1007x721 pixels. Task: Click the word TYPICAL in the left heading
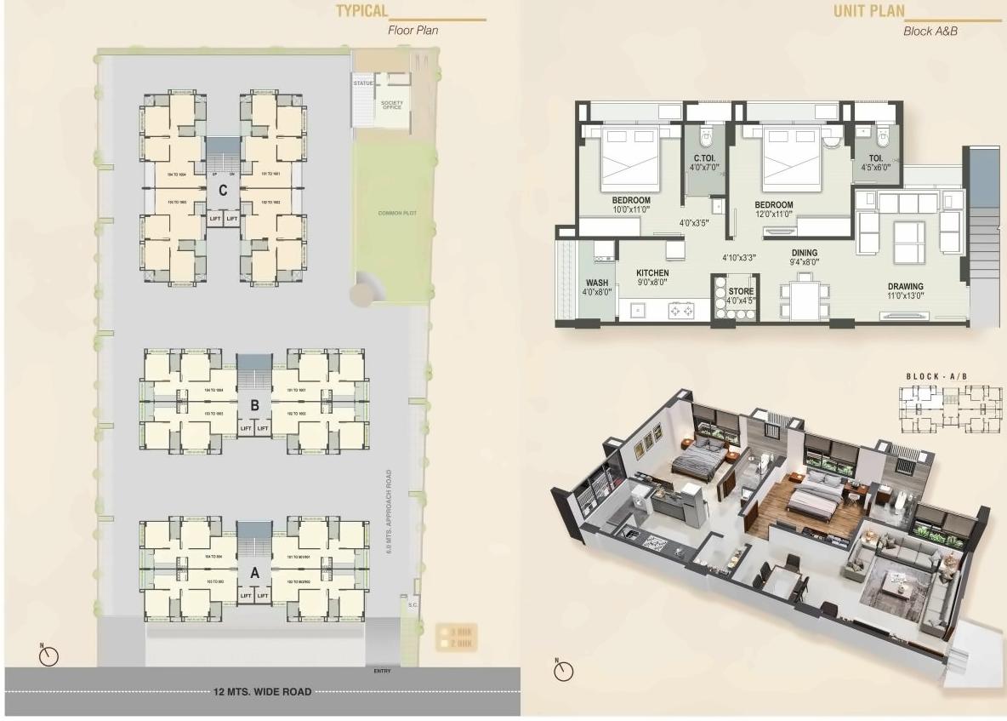pyautogui.click(x=361, y=11)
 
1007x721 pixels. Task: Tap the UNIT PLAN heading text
pyautogui.click(x=869, y=12)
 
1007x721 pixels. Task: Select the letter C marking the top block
pyautogui.click(x=222, y=191)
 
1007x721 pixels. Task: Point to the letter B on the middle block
pyautogui.click(x=253, y=405)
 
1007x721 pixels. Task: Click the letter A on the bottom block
pyautogui.click(x=253, y=573)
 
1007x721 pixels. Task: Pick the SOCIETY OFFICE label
pyautogui.click(x=391, y=105)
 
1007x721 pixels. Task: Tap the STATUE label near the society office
pyautogui.click(x=363, y=83)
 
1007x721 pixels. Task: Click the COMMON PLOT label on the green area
pyautogui.click(x=395, y=213)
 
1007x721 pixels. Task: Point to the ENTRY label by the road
pyautogui.click(x=382, y=671)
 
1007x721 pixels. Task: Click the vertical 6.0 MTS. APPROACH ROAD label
pyautogui.click(x=389, y=512)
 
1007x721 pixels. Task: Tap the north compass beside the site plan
pyautogui.click(x=49, y=656)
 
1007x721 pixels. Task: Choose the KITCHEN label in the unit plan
pyautogui.click(x=652, y=273)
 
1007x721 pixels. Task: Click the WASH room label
pyautogui.click(x=595, y=283)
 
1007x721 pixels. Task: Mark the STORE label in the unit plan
pyautogui.click(x=741, y=291)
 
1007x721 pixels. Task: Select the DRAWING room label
pyautogui.click(x=906, y=286)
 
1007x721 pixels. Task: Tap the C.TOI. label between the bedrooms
pyautogui.click(x=703, y=158)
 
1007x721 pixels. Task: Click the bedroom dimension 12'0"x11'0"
pyautogui.click(x=773, y=215)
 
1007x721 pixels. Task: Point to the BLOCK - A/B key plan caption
pyautogui.click(x=936, y=376)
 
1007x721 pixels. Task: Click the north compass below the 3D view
pyautogui.click(x=563, y=671)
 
